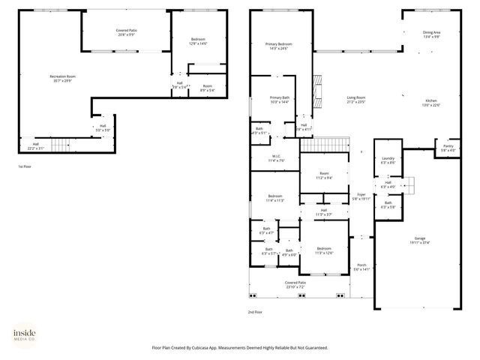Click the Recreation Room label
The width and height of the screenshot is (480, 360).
(62, 76)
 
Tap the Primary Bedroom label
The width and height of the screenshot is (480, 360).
(279, 45)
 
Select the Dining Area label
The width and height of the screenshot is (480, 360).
(431, 32)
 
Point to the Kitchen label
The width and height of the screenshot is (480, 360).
(431, 103)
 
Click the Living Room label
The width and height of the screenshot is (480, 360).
(355, 98)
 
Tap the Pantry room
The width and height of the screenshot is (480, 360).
(448, 148)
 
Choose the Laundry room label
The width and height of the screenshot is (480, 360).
(388, 159)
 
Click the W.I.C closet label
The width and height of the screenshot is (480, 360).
(276, 158)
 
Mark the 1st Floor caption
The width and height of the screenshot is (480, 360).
(25, 166)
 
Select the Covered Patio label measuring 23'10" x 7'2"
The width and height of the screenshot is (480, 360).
(289, 285)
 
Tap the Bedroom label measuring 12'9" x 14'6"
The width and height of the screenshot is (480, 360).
(198, 41)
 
